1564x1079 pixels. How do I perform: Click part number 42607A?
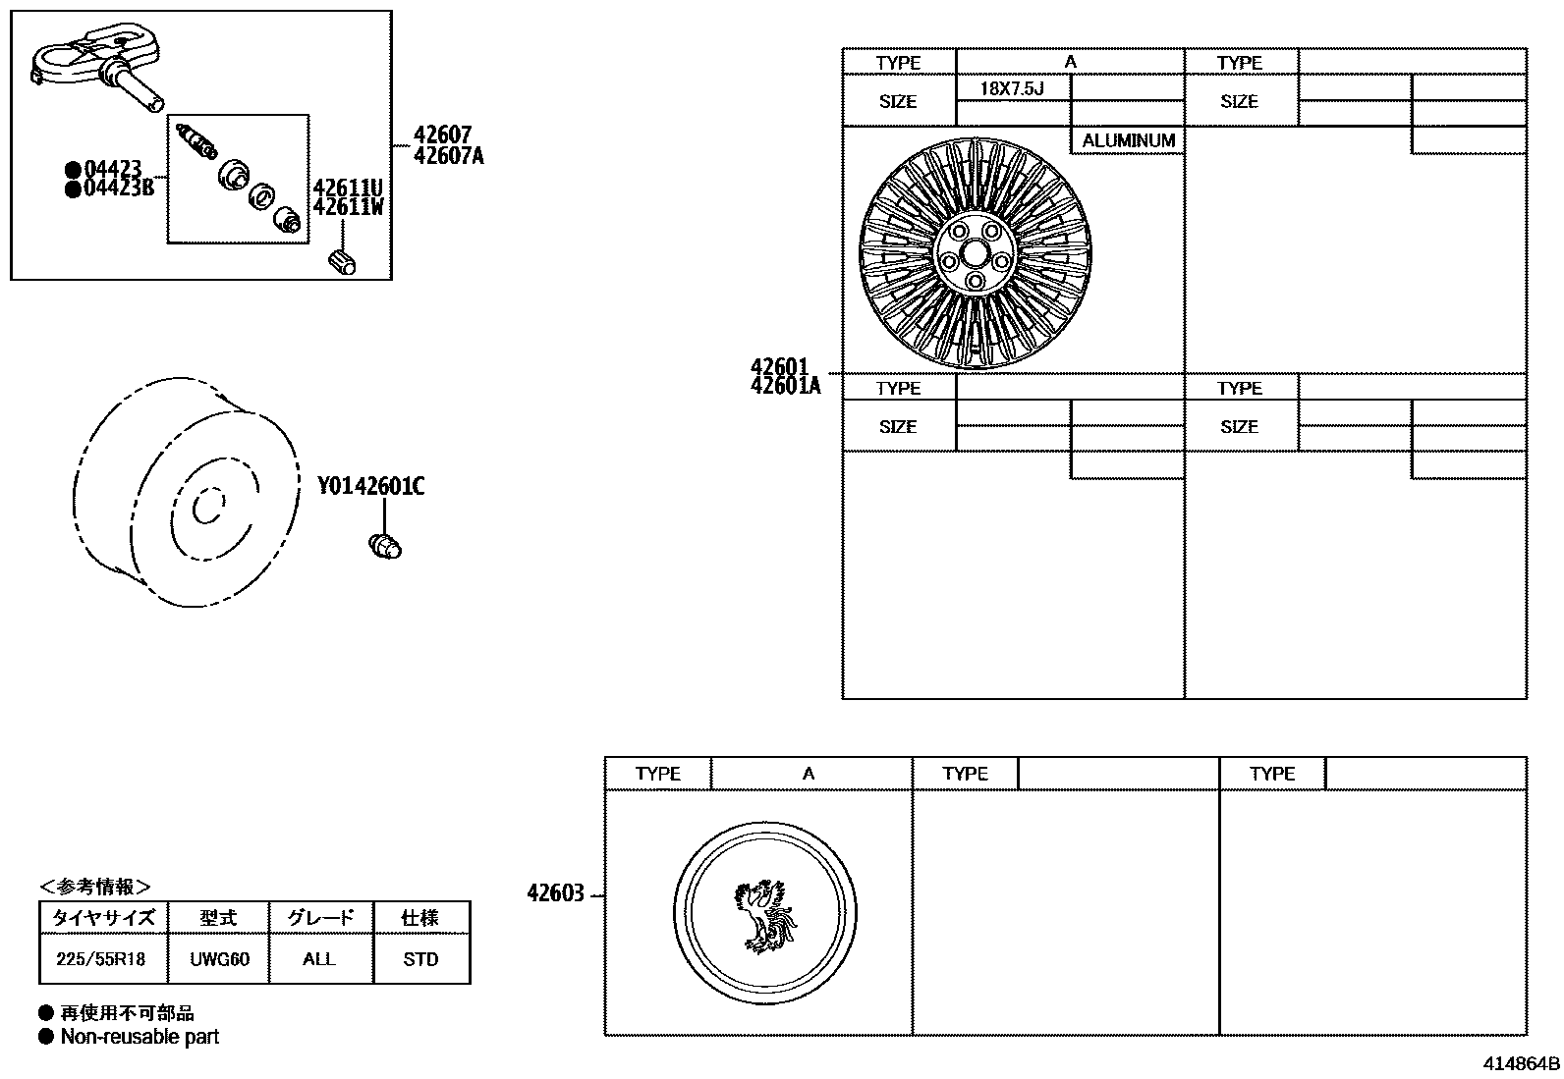click(x=449, y=155)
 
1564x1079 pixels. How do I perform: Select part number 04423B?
click(x=119, y=188)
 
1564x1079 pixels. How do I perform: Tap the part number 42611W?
click(x=348, y=207)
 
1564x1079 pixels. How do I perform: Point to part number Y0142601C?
click(x=370, y=486)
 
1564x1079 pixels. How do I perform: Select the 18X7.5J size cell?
click(x=1012, y=88)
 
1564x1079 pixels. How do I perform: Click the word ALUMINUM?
click(x=1128, y=140)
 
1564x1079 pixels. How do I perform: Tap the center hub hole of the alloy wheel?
click(x=974, y=253)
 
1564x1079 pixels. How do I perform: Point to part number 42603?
click(x=555, y=893)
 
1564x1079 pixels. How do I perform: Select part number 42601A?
click(x=785, y=386)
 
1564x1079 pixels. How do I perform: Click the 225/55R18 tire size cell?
click(x=101, y=959)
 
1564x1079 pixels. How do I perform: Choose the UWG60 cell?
click(x=219, y=959)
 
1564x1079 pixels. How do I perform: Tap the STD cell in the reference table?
click(x=420, y=959)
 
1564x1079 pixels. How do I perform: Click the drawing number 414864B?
click(x=1521, y=1063)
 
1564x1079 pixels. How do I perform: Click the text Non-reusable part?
click(x=140, y=1037)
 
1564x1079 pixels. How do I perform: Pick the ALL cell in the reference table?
click(x=319, y=959)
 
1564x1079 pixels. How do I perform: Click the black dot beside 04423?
click(x=72, y=169)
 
